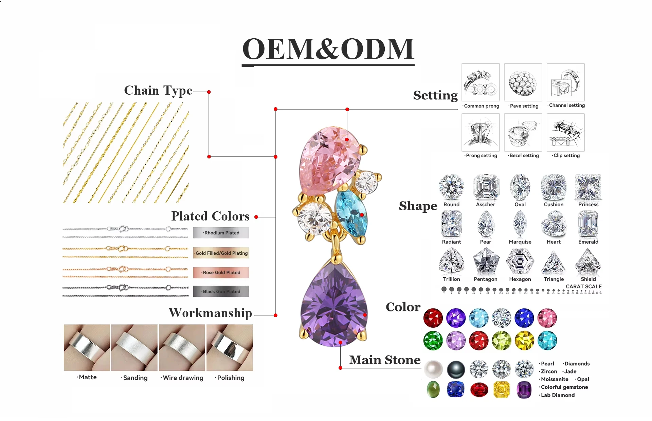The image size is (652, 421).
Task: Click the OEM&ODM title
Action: click(328, 49)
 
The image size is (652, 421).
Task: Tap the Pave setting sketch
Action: click(523, 82)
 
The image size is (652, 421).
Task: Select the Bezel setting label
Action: click(524, 155)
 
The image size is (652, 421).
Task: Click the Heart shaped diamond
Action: click(554, 224)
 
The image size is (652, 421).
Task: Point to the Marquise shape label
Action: click(520, 242)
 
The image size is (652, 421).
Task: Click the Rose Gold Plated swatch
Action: click(221, 272)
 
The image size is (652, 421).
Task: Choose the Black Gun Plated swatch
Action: click(221, 291)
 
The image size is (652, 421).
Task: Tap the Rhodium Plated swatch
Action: click(221, 233)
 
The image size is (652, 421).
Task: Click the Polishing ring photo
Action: click(230, 347)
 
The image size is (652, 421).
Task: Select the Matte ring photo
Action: click(87, 347)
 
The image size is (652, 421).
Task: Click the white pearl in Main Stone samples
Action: click(433, 369)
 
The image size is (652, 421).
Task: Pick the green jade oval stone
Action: click(433, 389)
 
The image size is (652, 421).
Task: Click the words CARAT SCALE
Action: click(583, 287)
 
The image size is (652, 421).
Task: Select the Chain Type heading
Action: click(158, 91)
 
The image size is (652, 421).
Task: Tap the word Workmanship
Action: click(211, 313)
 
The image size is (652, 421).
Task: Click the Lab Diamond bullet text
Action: click(558, 395)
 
